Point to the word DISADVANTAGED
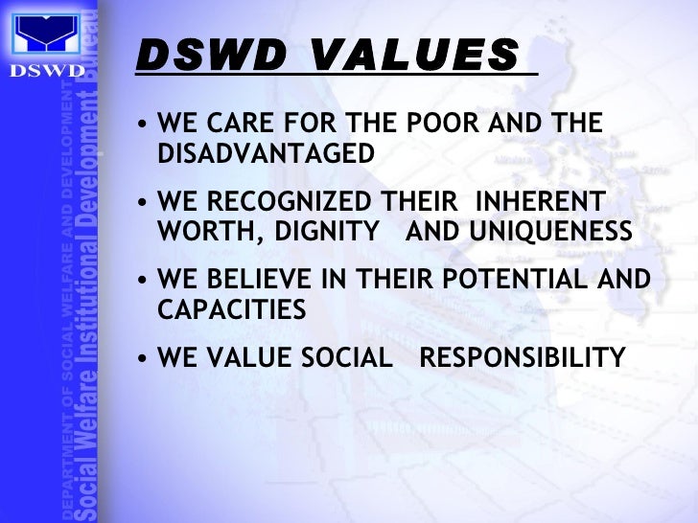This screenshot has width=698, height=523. click(265, 152)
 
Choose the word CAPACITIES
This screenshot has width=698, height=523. click(231, 309)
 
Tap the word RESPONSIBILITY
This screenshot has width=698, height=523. click(523, 358)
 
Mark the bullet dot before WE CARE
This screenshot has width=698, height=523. click(143, 125)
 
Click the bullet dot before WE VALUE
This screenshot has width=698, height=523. click(143, 359)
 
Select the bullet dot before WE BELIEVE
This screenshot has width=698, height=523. click(143, 282)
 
